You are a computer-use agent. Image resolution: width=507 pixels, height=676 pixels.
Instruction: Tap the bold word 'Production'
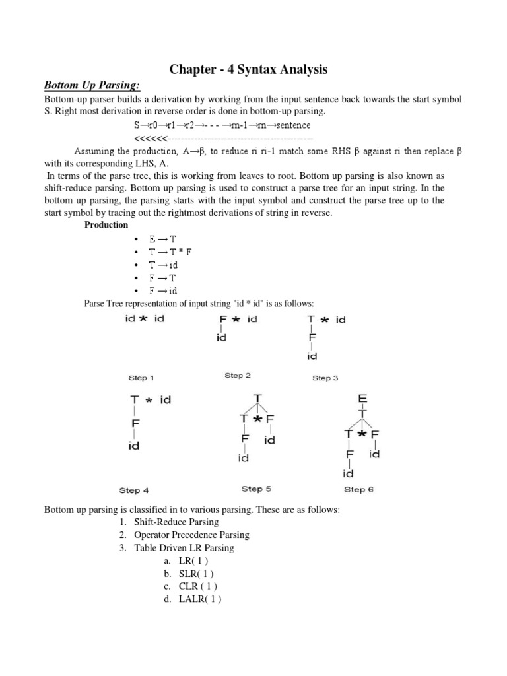(x=106, y=225)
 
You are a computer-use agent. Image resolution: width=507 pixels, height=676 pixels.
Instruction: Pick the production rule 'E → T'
(x=164, y=238)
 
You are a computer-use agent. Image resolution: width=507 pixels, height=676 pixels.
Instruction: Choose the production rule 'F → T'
(x=164, y=278)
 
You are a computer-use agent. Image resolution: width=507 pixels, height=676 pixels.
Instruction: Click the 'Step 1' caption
(x=141, y=378)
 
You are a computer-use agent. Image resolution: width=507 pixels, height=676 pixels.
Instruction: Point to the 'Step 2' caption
(x=237, y=376)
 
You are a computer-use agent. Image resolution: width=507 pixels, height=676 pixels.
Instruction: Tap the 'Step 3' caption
(x=325, y=378)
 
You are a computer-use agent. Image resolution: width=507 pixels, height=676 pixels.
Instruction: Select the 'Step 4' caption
(x=134, y=490)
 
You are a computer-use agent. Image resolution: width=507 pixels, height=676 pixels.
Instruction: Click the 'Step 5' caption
(x=256, y=489)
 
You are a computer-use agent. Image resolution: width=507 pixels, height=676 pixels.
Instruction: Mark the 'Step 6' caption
(x=359, y=490)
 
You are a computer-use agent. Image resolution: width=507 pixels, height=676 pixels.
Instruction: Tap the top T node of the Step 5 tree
(x=257, y=398)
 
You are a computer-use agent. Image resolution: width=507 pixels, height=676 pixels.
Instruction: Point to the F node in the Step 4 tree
(x=135, y=422)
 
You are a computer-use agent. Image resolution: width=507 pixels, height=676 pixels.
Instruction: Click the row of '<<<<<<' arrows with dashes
(x=223, y=138)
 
